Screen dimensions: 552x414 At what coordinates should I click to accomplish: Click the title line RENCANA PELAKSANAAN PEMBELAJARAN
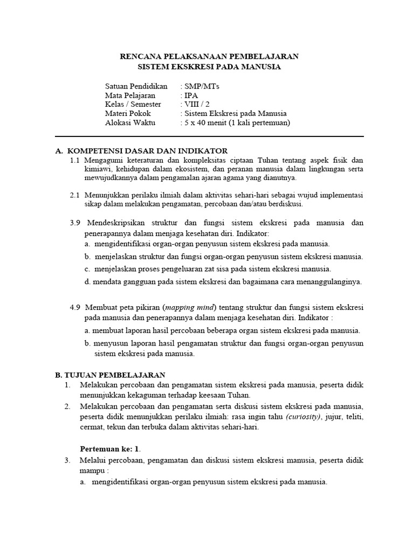tap(209, 56)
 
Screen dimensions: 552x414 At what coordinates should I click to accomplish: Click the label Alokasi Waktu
tap(130, 122)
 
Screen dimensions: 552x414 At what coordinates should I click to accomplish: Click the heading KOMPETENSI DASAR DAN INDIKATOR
tap(146, 150)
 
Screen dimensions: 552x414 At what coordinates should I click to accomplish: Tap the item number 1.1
tap(75, 160)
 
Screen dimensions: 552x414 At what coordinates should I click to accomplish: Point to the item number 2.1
tap(75, 195)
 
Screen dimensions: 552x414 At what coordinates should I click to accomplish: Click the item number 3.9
tap(75, 222)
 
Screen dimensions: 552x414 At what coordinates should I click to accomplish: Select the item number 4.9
tap(75, 307)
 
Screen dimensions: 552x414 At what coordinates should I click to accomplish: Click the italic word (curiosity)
tap(303, 417)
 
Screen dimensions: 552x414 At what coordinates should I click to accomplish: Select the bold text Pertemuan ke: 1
tap(110, 448)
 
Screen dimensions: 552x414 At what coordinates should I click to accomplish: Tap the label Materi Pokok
tap(128, 113)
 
